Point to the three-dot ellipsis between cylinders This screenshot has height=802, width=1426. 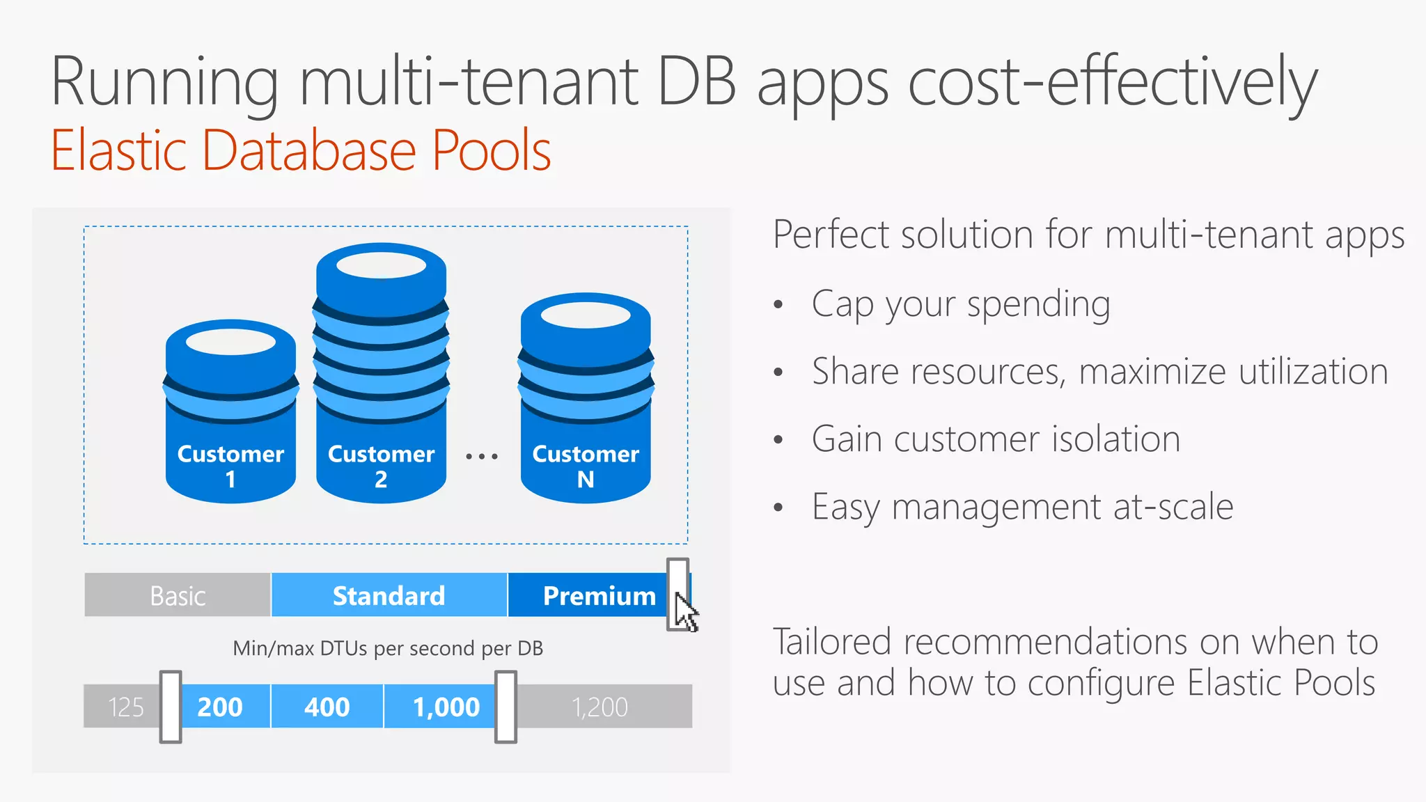pyautogui.click(x=482, y=457)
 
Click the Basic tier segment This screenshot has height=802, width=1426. pyautogui.click(x=178, y=596)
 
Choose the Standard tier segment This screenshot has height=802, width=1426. pyautogui.click(x=389, y=596)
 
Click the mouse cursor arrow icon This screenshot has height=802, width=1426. pyautogui.click(x=686, y=613)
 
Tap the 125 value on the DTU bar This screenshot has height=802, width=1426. pyautogui.click(x=125, y=707)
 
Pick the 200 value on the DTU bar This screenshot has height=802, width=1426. pyautogui.click(x=220, y=707)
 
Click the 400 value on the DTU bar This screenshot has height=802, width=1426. pyautogui.click(x=327, y=707)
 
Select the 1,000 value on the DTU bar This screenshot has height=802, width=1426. pyautogui.click(x=446, y=707)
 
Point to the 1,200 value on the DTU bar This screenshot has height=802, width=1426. pyautogui.click(x=600, y=707)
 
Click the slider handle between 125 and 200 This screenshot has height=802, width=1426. pyautogui.click(x=171, y=707)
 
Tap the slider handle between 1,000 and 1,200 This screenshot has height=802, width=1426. pyautogui.click(x=506, y=707)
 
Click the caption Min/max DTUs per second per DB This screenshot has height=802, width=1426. pyautogui.click(x=388, y=648)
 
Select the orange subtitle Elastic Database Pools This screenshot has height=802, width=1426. pyautogui.click(x=301, y=150)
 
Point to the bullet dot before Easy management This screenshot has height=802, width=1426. pyautogui.click(x=778, y=508)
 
